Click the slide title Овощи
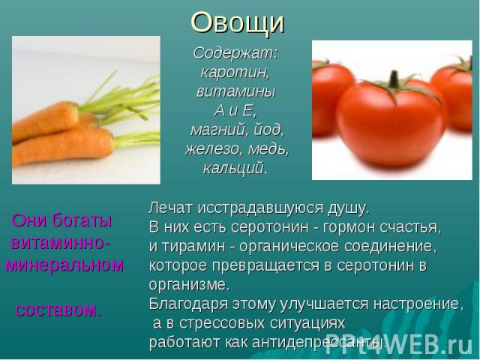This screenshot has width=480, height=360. pyautogui.click(x=238, y=23)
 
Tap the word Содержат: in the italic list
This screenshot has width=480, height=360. pyautogui.click(x=235, y=53)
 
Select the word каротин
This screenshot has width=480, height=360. pyautogui.click(x=235, y=73)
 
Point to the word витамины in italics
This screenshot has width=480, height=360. pyautogui.click(x=236, y=91)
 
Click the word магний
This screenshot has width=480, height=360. pyautogui.click(x=218, y=130)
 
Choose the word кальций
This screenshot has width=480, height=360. pyautogui.click(x=235, y=168)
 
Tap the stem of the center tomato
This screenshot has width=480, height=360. pyautogui.click(x=394, y=79)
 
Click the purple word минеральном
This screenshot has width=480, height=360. pyautogui.click(x=64, y=265)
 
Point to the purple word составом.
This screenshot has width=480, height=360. pyautogui.click(x=58, y=310)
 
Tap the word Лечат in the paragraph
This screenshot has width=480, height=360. pyautogui.click(x=171, y=208)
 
